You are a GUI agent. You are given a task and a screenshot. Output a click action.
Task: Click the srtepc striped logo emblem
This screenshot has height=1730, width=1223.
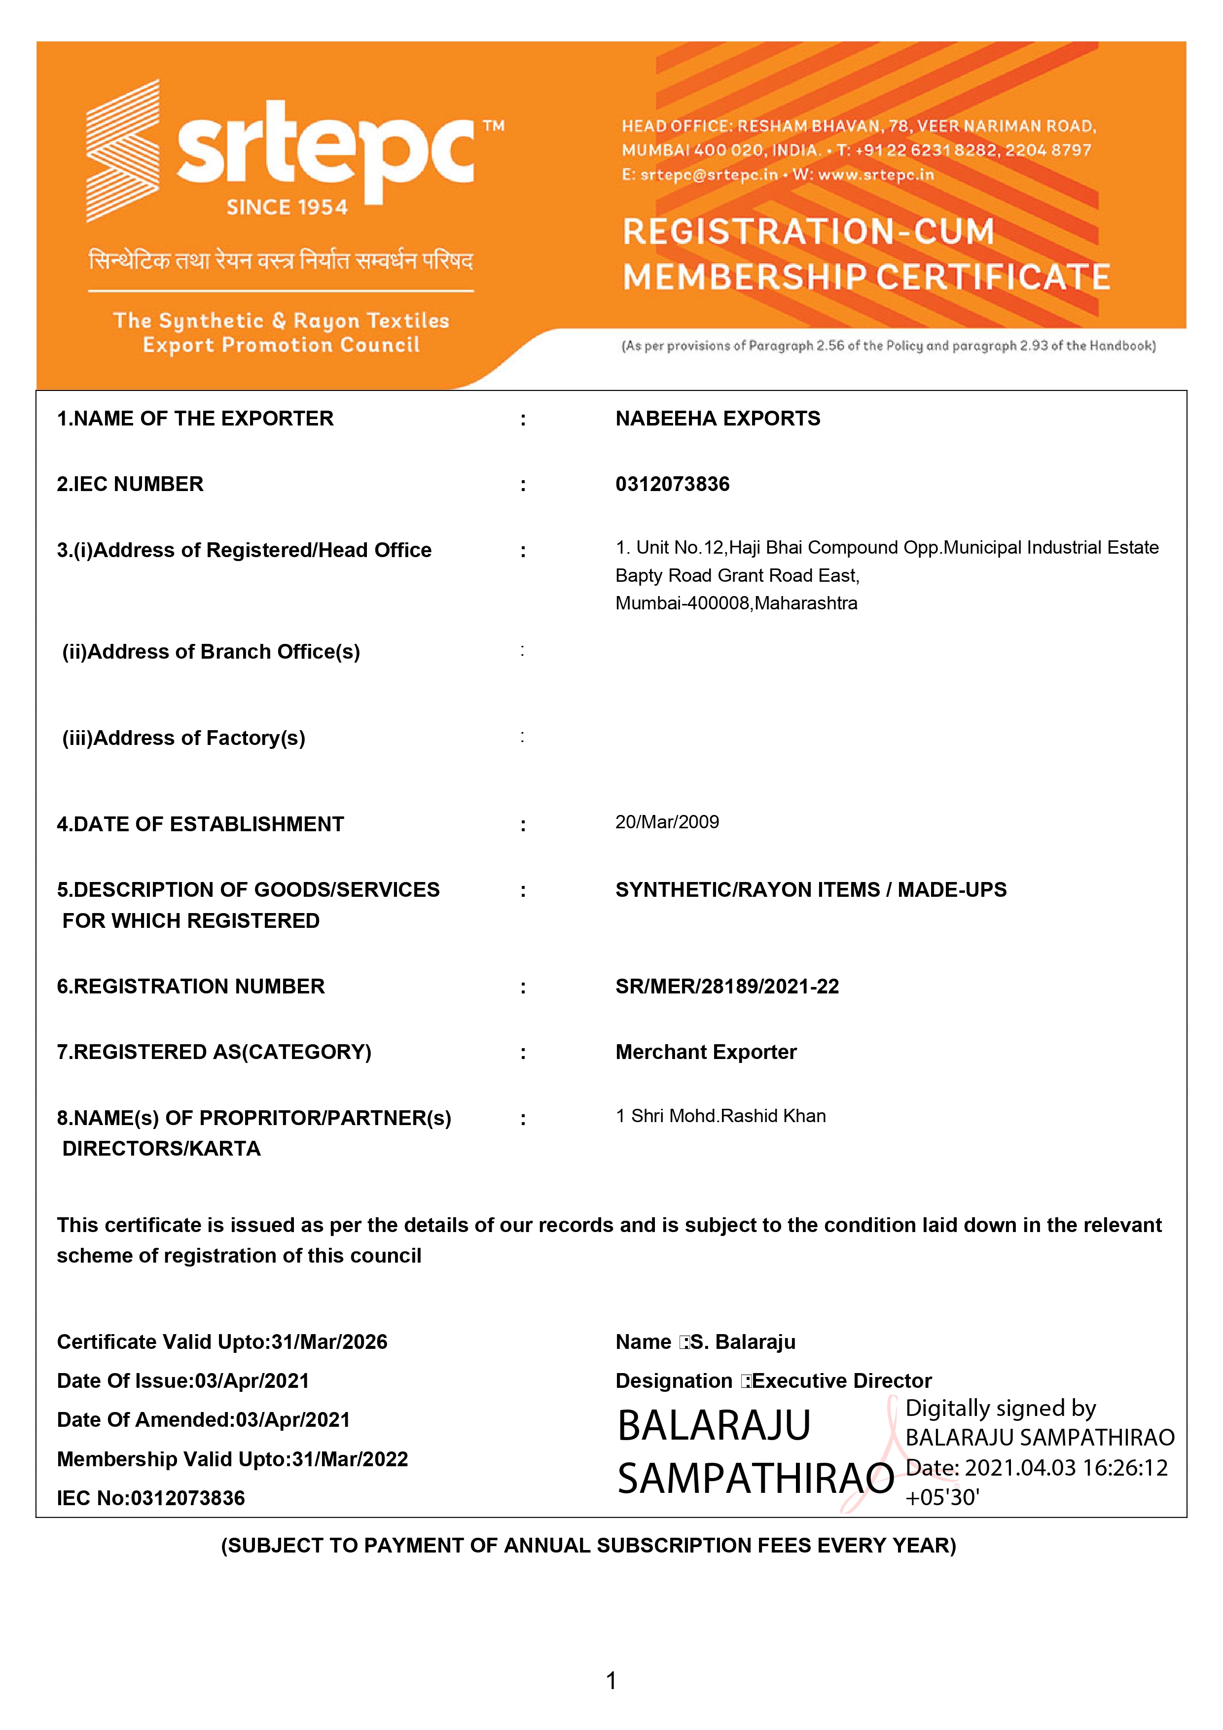coord(123,151)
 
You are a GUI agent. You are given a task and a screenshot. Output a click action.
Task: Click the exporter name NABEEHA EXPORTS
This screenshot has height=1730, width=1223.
coord(718,419)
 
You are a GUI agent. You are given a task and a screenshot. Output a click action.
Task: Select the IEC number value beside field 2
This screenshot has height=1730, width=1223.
coord(672,485)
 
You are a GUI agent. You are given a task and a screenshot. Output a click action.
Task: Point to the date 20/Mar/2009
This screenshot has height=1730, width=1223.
coord(667,822)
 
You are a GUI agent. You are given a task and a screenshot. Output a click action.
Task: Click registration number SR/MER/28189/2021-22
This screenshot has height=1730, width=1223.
coord(727,987)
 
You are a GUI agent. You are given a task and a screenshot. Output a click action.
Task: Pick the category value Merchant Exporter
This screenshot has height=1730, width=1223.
coord(706,1052)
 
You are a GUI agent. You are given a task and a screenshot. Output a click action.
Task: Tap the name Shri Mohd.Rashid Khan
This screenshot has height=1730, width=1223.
coord(728,1116)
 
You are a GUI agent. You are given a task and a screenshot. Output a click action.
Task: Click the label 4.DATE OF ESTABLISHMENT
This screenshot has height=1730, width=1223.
coord(200,824)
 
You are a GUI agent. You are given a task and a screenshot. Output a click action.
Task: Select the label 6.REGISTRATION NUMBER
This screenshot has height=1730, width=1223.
coord(191,987)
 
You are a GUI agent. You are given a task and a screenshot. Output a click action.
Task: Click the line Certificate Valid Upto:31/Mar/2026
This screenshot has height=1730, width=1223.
coord(222,1342)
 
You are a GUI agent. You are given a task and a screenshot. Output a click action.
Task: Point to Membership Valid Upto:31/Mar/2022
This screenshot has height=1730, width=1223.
coord(232,1459)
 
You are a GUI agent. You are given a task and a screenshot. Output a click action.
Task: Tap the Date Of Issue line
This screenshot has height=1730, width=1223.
coord(183,1381)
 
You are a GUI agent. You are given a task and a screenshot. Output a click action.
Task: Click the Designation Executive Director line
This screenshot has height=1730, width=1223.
coord(773,1381)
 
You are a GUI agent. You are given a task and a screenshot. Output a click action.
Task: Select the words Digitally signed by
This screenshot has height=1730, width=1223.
coord(1000,1408)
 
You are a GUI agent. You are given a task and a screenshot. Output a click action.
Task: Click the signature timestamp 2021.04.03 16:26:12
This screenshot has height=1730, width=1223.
coord(1066,1468)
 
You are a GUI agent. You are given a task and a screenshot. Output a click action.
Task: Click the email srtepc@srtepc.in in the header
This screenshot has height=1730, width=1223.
coord(708,175)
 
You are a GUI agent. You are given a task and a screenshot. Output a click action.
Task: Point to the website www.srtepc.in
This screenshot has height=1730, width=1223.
coord(876,175)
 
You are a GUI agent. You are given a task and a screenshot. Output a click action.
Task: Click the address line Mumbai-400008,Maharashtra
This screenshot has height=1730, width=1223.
coord(736,603)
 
